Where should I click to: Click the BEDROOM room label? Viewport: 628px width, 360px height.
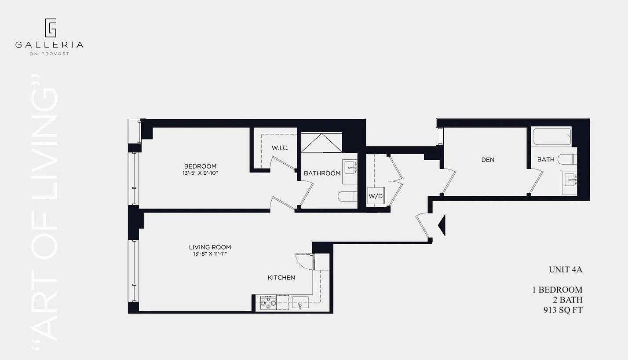[x=200, y=166]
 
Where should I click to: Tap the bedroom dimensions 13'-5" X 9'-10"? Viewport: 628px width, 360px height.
[x=200, y=173]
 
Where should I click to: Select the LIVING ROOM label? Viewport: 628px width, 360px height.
[x=210, y=247]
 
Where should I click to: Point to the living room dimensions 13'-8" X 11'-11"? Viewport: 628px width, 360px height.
[x=210, y=253]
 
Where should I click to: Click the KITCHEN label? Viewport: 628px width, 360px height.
[x=281, y=278]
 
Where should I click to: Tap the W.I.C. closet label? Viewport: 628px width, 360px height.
[x=280, y=148]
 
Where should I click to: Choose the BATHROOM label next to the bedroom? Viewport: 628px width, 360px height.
[x=322, y=173]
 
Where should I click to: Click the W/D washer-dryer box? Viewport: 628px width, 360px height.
[x=375, y=196]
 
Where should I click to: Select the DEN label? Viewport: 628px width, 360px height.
[x=488, y=160]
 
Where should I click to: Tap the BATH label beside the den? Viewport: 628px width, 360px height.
[x=546, y=159]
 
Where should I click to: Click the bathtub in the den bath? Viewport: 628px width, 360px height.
[x=551, y=136]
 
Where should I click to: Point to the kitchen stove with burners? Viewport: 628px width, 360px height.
[x=268, y=303]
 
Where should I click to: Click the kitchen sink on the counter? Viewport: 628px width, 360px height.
[x=300, y=303]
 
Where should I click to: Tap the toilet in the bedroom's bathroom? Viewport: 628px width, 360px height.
[x=347, y=196]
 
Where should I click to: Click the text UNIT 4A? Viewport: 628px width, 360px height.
[x=565, y=270]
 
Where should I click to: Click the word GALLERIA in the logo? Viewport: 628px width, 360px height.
[x=49, y=44]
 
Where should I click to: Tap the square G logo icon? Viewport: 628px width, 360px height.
[x=50, y=28]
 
